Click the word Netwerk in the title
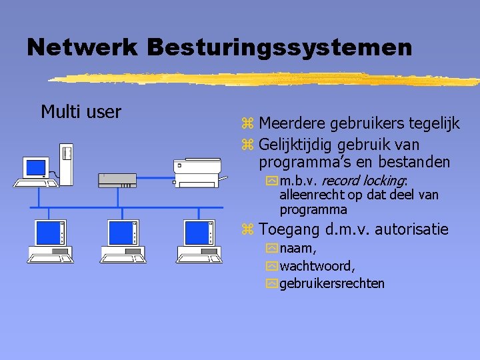[x=81, y=47]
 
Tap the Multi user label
[x=81, y=111]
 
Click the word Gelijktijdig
[x=296, y=144]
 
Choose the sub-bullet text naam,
[x=298, y=249]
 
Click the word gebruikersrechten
[x=332, y=283]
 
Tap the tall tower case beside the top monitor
[x=65, y=162]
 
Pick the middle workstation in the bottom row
[x=123, y=240]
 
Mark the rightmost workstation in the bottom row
[x=199, y=240]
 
